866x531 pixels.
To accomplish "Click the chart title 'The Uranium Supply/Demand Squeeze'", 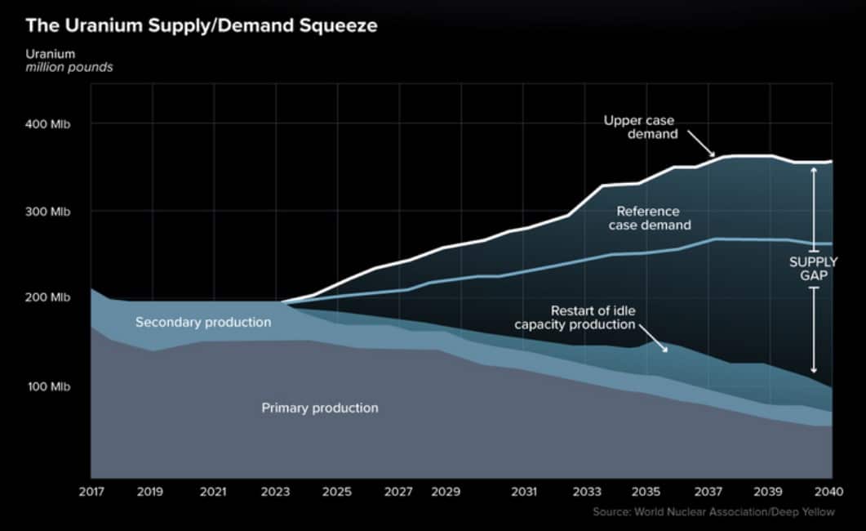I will pos(201,25).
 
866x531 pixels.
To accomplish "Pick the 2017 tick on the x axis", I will pos(91,493).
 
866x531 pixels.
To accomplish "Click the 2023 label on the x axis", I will pos(276,493).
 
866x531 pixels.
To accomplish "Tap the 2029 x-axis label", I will pos(446,493).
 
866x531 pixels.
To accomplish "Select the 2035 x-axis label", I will pos(646,493).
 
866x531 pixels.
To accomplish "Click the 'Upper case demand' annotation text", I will pos(640,127).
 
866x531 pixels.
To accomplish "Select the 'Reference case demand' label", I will pos(648,218).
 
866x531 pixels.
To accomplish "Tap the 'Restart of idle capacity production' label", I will pos(575,318).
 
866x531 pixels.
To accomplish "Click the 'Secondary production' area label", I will pos(203,323).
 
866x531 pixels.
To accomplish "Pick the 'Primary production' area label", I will pos(319,408).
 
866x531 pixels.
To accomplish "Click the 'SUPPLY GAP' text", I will pos(812,269).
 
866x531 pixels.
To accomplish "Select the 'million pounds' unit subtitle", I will pos(69,68).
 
